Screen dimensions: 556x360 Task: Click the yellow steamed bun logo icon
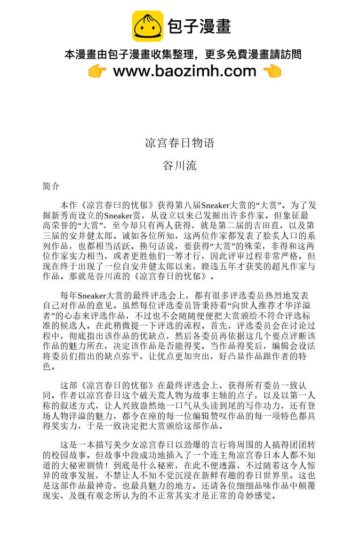click(147, 26)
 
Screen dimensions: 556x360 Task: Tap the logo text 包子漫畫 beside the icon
click(199, 26)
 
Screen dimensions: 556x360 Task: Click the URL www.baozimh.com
click(184, 71)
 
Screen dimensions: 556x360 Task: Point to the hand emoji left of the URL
click(97, 71)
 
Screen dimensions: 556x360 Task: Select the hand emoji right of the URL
click(272, 71)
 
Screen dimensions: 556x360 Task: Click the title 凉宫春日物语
click(180, 143)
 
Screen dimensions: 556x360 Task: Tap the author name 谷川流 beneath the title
click(180, 166)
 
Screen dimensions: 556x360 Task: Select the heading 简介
click(51, 186)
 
